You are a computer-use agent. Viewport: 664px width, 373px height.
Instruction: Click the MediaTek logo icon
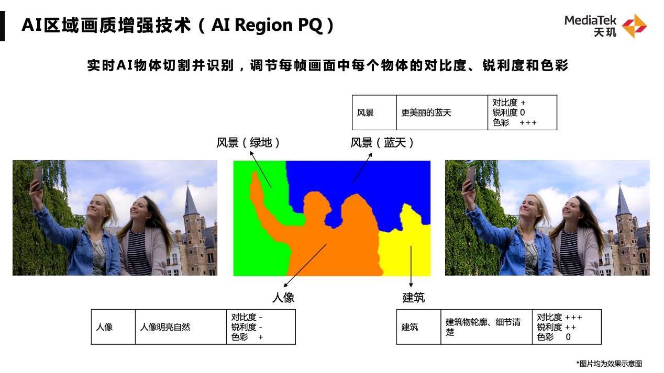(634, 26)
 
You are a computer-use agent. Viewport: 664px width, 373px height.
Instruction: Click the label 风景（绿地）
(249, 143)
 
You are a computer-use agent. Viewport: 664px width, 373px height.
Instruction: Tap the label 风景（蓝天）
(382, 143)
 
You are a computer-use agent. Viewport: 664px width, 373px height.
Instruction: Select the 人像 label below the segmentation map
(283, 298)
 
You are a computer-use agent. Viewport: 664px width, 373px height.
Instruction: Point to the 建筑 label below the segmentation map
(413, 298)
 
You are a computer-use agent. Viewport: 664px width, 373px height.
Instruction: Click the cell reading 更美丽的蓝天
(426, 112)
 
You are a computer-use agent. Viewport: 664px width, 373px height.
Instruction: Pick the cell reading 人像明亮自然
(165, 327)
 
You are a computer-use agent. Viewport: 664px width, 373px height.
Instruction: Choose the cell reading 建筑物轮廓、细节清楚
(483, 327)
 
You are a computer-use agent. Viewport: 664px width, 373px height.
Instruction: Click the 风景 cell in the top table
(366, 112)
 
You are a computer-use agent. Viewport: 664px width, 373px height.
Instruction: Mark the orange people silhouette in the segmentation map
(335, 246)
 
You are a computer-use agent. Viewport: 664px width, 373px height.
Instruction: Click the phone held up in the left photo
(37, 177)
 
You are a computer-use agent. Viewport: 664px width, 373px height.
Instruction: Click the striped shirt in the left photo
(138, 256)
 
